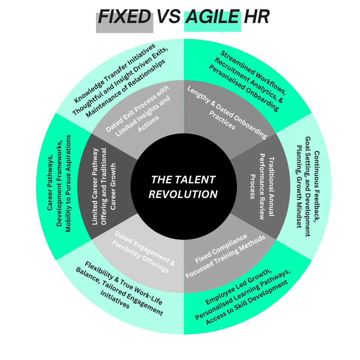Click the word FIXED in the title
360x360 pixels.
pos(125,17)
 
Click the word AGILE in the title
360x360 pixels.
pos(213,17)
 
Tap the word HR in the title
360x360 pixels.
pos(256,17)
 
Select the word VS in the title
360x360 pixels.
pos(168,17)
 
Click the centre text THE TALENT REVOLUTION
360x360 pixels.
pos(183,187)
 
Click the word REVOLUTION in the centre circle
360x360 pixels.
pos(183,194)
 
